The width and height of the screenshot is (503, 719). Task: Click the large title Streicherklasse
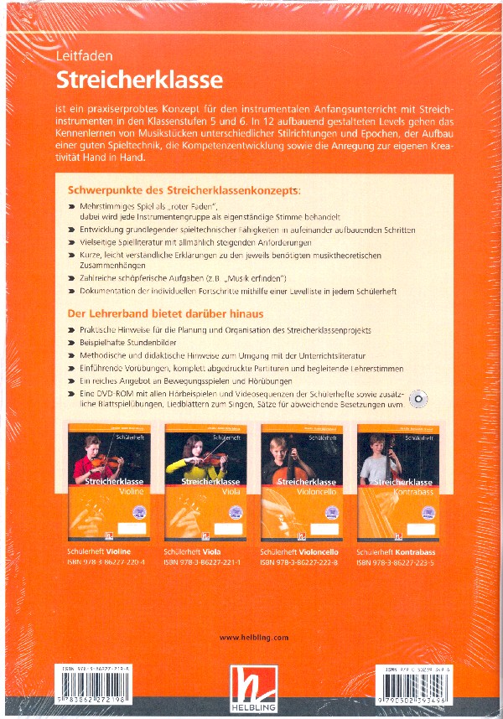[x=139, y=80]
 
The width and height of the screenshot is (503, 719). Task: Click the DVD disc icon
[x=420, y=400]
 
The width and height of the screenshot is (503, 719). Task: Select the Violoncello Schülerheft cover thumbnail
[x=299, y=482]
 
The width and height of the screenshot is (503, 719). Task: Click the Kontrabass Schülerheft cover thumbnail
[x=395, y=482]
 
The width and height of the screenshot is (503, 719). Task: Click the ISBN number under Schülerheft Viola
[x=202, y=563]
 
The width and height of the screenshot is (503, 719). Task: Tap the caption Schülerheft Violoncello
[x=299, y=553]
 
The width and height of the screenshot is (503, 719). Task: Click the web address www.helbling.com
[x=253, y=638]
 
